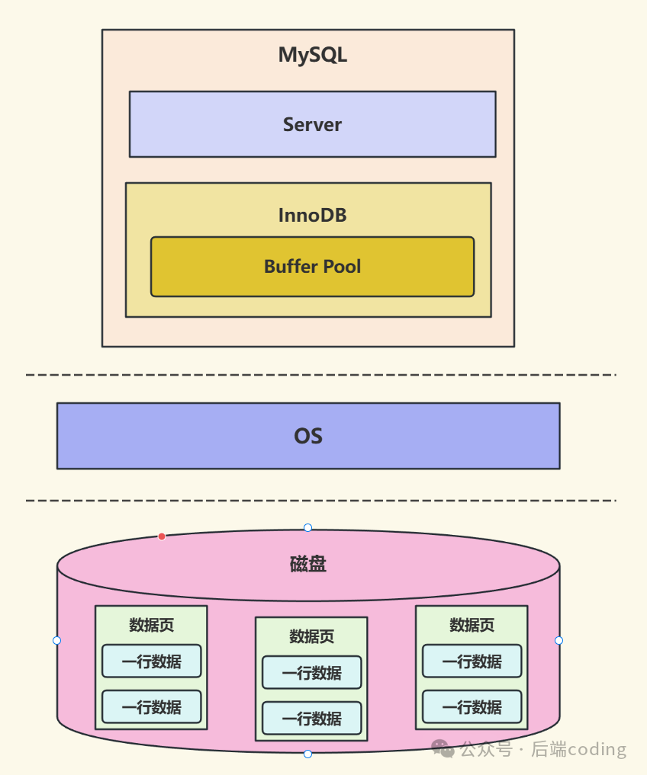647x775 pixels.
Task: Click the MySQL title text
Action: coord(312,56)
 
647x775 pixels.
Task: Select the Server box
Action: coord(312,124)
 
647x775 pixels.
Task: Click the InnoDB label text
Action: coord(312,216)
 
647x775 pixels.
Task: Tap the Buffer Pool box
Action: coord(312,267)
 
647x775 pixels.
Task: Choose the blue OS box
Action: coord(308,436)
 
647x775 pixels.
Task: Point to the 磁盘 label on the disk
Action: coord(308,564)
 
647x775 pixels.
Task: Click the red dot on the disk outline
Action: coord(162,536)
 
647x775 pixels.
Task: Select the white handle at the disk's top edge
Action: coord(307,527)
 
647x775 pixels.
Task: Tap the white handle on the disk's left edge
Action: coord(56,640)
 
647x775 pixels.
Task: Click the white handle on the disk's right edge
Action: coord(558,640)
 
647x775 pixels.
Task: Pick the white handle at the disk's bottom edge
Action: coord(307,754)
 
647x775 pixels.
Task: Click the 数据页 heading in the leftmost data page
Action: coord(151,626)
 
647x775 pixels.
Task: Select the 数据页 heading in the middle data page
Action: coord(311,636)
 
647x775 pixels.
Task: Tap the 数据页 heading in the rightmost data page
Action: coord(472,626)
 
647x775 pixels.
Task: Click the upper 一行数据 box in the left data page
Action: coord(151,661)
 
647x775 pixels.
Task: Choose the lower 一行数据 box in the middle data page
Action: coord(311,718)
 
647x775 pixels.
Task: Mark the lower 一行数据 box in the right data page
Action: coord(472,706)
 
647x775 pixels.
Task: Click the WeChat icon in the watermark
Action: coord(443,749)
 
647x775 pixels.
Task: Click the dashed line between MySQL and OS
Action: coord(320,375)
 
